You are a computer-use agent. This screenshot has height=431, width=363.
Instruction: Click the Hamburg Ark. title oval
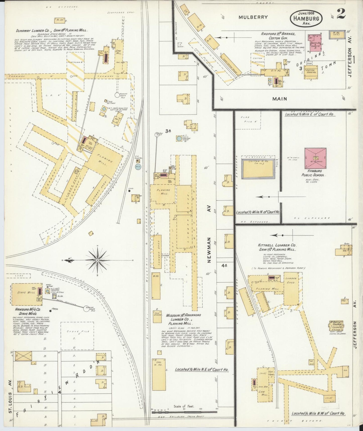[306, 18]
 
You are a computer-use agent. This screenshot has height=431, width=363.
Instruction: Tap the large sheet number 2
[341, 14]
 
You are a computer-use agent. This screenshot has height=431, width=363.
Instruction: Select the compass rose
[97, 260]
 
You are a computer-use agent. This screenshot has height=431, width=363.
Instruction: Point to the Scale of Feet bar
[184, 412]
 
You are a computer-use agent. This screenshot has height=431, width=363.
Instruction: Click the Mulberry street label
[253, 17]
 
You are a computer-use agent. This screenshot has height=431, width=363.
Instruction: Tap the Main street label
[280, 99]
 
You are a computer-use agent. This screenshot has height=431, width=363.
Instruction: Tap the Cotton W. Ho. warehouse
[257, 169]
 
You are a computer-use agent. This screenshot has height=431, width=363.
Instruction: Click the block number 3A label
[168, 131]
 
